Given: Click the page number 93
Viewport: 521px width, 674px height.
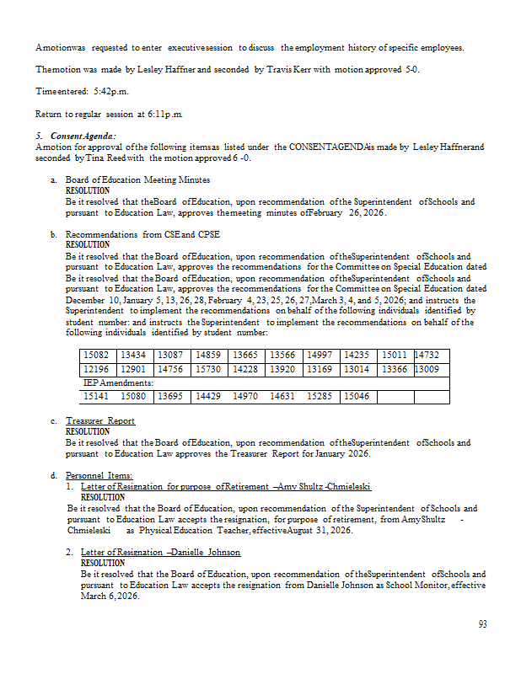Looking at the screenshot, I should (482, 624).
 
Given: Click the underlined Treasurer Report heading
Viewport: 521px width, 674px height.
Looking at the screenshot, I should (100, 420).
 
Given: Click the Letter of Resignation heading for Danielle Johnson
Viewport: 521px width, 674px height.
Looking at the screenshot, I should (160, 552).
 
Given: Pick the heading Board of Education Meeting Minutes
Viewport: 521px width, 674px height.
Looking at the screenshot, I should (138, 180).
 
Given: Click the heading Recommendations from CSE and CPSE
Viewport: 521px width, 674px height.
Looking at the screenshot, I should (142, 235).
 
